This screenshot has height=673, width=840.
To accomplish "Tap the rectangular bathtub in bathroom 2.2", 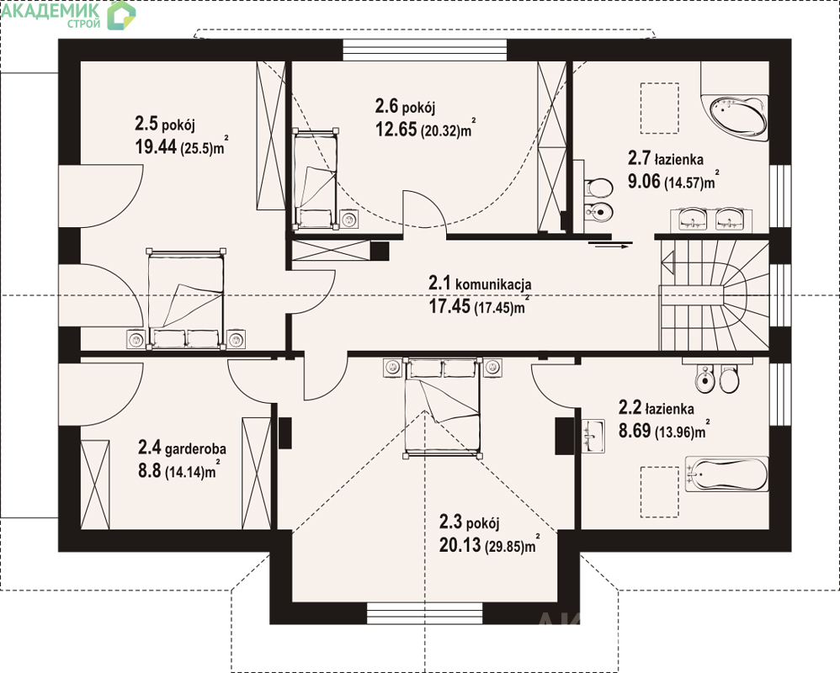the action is click(x=727, y=474).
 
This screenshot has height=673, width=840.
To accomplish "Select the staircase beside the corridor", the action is click(x=714, y=295).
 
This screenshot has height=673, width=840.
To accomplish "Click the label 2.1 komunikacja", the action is click(x=480, y=284).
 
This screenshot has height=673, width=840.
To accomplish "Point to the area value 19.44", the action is click(x=156, y=146).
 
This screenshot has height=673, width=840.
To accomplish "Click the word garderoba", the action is click(x=195, y=448).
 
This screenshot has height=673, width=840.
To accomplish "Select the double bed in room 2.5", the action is click(x=186, y=299).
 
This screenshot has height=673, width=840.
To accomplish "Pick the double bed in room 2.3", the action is click(x=442, y=408).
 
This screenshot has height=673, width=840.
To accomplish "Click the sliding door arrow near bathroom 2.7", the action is click(x=610, y=246).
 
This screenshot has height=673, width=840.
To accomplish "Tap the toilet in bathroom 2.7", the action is click(x=598, y=188).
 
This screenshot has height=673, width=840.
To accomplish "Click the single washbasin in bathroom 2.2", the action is click(x=593, y=436).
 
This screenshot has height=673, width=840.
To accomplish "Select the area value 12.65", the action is click(x=396, y=129).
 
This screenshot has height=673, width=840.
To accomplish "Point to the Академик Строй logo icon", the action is click(x=121, y=15).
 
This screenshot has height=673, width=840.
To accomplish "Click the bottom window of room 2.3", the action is click(x=425, y=613).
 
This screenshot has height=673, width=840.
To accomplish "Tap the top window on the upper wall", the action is click(x=424, y=50).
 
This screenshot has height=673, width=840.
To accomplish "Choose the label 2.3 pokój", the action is click(x=470, y=522).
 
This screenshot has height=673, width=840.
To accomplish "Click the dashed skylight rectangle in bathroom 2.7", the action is click(x=660, y=109).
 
